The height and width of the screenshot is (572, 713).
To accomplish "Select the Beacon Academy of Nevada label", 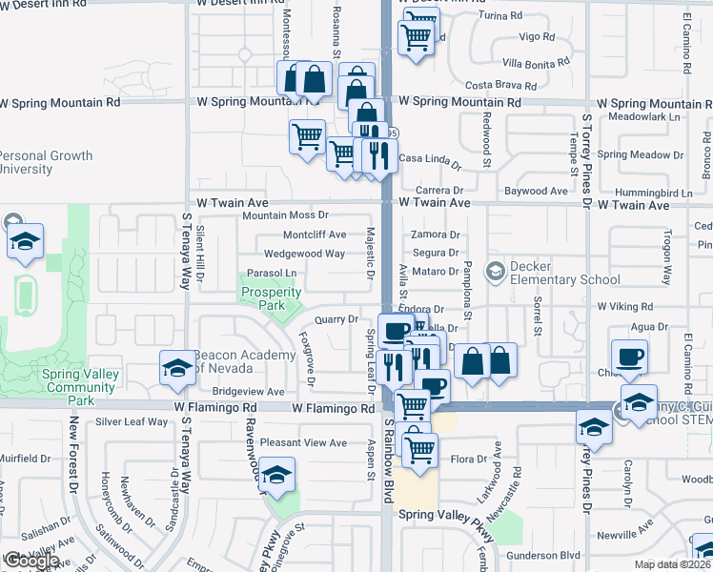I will tap(244, 362).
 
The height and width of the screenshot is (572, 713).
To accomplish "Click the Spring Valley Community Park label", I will tap(80, 381).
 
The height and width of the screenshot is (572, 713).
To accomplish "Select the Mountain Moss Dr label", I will tap(284, 215).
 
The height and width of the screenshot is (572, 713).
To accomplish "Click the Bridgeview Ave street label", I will tap(249, 392).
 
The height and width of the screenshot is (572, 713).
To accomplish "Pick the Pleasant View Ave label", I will tap(303, 443).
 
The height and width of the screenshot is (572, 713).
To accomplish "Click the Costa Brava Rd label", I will tap(496, 86).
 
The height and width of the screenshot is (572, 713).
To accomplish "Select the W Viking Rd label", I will tap(624, 307).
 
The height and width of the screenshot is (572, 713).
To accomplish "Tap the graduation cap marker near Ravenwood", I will tap(275, 475).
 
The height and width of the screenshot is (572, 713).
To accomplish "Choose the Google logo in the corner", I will tap(31, 562).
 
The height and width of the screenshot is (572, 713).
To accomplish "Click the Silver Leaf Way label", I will tap(132, 421).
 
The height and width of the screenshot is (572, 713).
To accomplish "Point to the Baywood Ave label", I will tap(536, 192).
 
